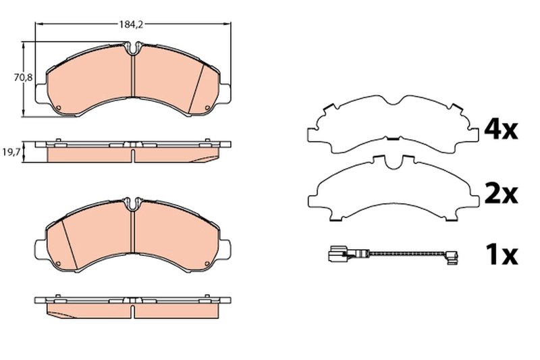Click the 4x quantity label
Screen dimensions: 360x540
pos(501,130)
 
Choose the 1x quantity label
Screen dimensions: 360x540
pos(501,255)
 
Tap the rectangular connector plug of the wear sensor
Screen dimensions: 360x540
pos(333,255)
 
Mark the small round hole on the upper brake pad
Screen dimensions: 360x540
pos(59,111)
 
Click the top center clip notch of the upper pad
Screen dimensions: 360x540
pos(134,49)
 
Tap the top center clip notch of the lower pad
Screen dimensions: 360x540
pos(134,202)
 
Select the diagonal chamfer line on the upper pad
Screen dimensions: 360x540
pos(200,88)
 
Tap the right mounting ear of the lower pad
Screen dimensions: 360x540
pos(227,246)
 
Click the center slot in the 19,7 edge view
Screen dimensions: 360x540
pos(134,155)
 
